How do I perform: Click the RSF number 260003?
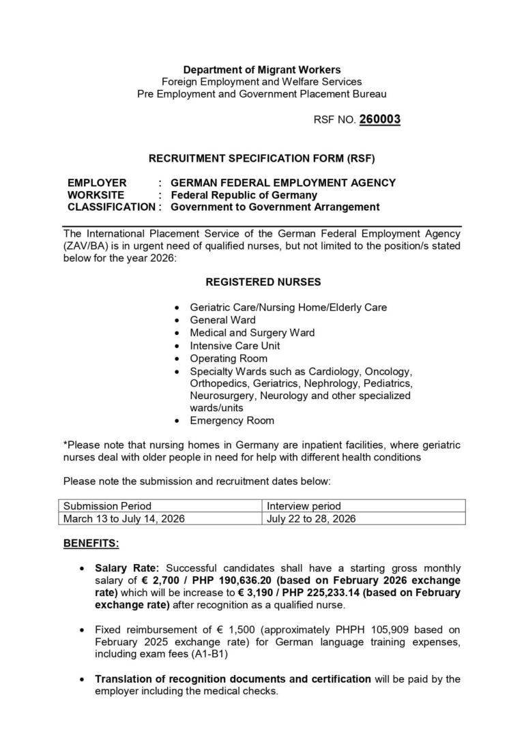click(x=379, y=119)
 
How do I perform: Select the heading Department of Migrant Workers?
click(x=262, y=69)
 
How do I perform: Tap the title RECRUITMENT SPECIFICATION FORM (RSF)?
click(x=262, y=158)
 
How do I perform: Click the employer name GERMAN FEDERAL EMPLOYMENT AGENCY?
click(x=282, y=182)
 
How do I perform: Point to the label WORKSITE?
click(x=96, y=194)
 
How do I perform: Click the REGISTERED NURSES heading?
click(x=263, y=281)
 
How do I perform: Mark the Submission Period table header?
click(x=107, y=506)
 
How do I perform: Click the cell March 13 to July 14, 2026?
click(x=124, y=518)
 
